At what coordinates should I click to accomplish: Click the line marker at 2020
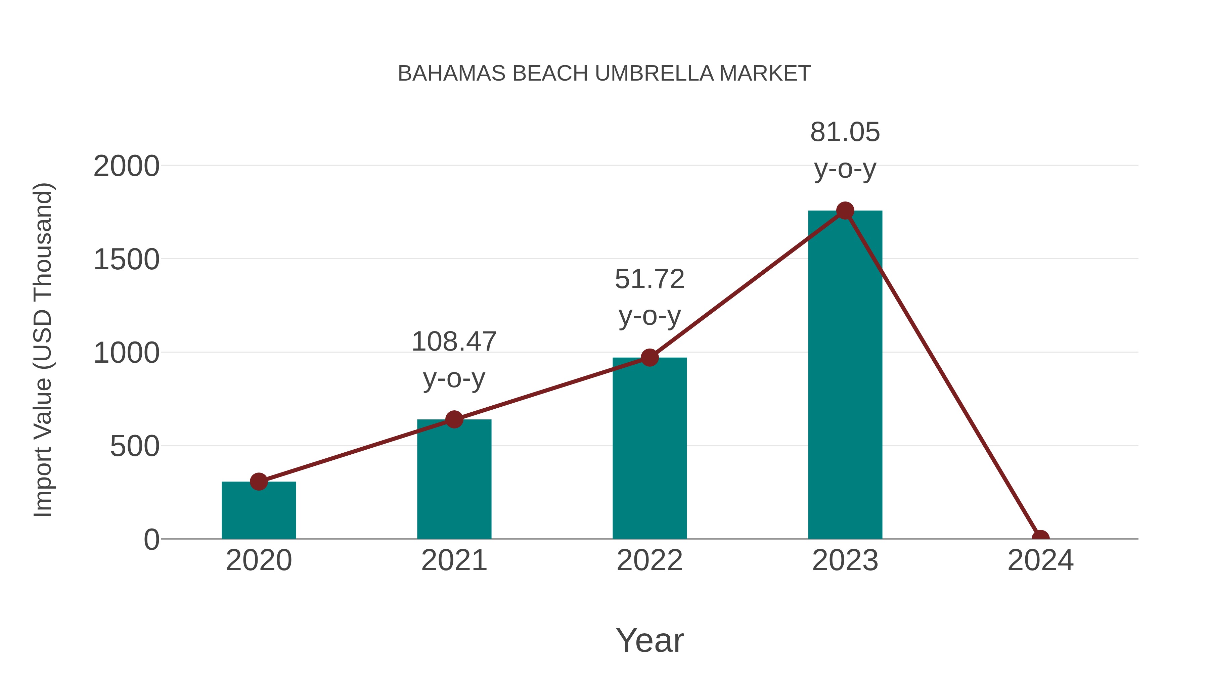click(x=259, y=482)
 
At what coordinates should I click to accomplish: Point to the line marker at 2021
click(x=454, y=419)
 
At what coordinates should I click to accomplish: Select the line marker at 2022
click(x=650, y=358)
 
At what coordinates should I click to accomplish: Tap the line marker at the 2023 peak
click(x=845, y=211)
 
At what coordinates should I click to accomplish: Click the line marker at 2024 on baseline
click(x=1040, y=538)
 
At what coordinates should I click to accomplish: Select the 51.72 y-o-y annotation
click(x=650, y=297)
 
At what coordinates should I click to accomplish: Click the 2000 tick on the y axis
click(x=126, y=166)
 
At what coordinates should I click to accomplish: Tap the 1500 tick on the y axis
click(x=126, y=260)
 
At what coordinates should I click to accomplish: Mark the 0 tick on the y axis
click(x=151, y=540)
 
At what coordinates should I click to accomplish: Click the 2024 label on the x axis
click(x=1040, y=560)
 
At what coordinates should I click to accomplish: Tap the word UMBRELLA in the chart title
click(x=654, y=74)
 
